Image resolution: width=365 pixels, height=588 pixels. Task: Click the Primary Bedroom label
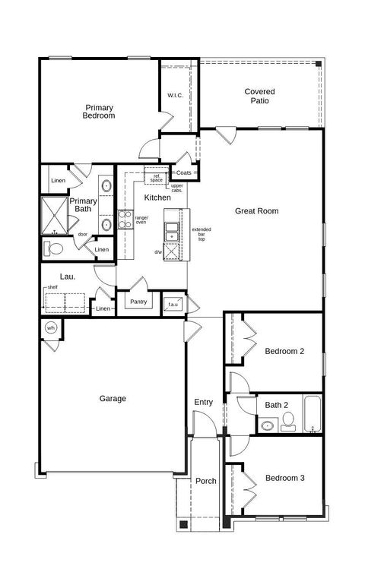100,112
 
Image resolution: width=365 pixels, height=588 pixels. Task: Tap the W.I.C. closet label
175,96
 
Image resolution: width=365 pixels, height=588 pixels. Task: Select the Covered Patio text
259,96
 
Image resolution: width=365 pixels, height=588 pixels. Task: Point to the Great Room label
256,211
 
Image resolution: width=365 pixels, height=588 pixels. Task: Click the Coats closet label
184,173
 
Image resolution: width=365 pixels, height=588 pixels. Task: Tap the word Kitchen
157,198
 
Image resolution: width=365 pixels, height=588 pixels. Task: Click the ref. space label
156,179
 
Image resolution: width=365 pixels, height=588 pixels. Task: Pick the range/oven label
141,220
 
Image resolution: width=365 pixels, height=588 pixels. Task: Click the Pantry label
138,302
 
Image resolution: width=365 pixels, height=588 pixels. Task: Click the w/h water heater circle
52,328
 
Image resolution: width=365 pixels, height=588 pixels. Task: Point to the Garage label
113,398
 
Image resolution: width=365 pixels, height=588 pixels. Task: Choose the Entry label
203,402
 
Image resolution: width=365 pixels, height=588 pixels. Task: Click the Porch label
206,481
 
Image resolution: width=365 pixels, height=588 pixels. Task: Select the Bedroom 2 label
284,351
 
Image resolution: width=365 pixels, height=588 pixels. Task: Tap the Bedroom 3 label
284,478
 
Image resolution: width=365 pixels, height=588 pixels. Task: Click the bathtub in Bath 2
313,415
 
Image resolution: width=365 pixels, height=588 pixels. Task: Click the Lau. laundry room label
68,278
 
